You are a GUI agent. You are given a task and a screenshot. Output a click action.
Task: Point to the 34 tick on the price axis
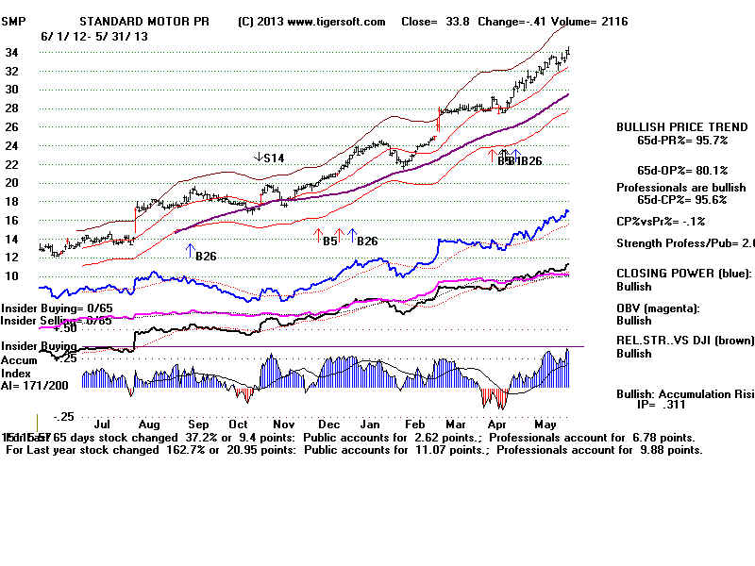12,53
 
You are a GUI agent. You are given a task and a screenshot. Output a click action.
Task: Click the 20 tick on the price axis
12,183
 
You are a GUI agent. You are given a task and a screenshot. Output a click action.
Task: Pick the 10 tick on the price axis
12,275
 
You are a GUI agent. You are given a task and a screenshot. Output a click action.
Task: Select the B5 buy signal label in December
329,241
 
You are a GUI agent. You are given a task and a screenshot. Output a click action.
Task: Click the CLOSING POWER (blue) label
679,273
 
